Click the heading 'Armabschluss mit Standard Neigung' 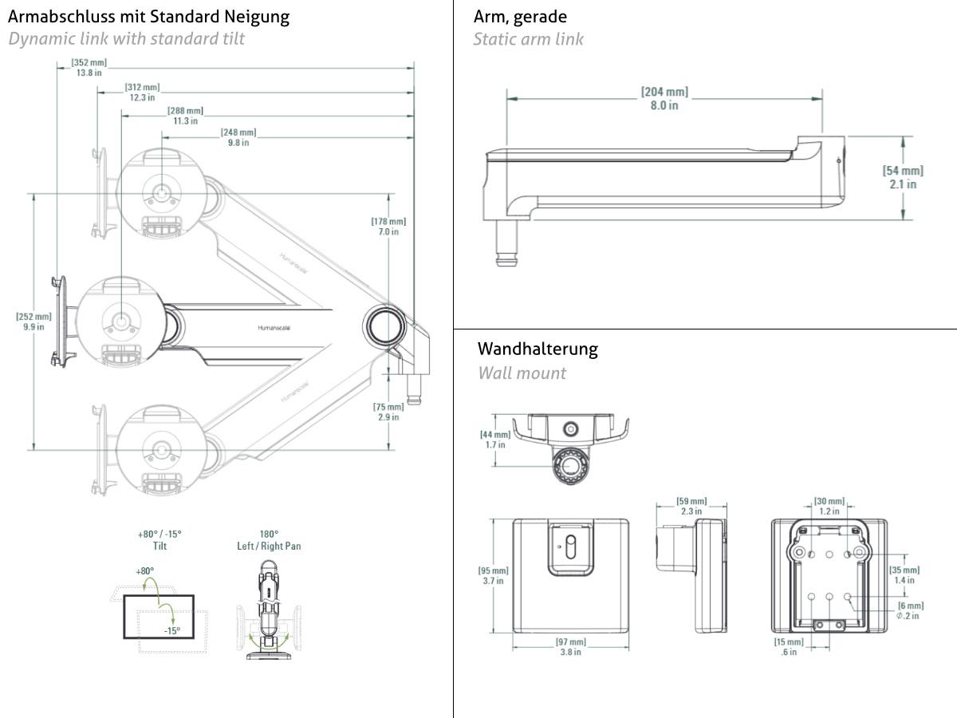tap(148, 16)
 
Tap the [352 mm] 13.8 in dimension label tap(89, 68)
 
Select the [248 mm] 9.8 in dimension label tap(238, 137)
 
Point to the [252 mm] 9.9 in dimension tap(33, 322)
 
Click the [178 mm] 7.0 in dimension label tap(388, 227)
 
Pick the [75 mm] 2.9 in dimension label tap(388, 412)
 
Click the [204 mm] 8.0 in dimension tap(664, 99)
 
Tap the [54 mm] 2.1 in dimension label tap(903, 177)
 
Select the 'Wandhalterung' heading tap(537, 349)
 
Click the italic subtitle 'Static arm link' tap(528, 39)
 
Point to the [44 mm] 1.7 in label tap(494, 439)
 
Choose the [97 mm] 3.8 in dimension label tap(570, 647)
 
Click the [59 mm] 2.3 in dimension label tap(691, 506)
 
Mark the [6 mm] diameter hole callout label tap(908, 610)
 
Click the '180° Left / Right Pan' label tap(269, 540)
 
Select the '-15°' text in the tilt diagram tap(171, 630)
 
